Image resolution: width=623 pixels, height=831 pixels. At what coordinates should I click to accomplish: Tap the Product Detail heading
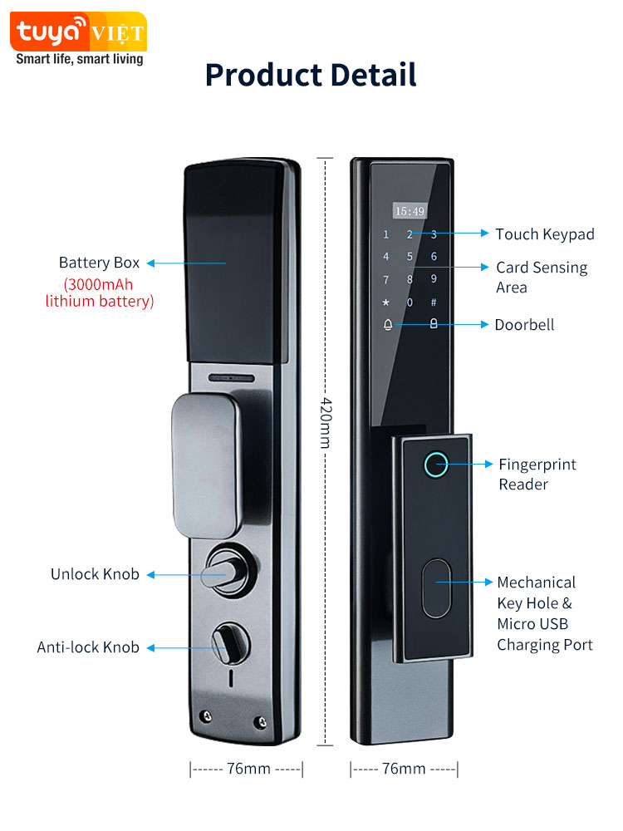pyautogui.click(x=311, y=75)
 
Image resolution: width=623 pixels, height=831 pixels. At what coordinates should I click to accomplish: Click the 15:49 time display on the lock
pyautogui.click(x=409, y=211)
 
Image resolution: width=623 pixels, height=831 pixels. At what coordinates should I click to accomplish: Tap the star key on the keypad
pyautogui.click(x=385, y=302)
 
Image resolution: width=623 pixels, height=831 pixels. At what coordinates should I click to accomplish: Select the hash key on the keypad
pyautogui.click(x=433, y=302)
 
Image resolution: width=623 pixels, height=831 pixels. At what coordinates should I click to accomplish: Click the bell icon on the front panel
pyautogui.click(x=387, y=324)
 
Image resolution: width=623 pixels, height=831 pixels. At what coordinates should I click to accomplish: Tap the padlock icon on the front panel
pyautogui.click(x=433, y=324)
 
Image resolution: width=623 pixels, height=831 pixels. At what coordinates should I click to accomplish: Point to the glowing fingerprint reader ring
pyautogui.click(x=436, y=464)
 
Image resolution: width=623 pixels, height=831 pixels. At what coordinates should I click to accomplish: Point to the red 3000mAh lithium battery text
pyautogui.click(x=100, y=292)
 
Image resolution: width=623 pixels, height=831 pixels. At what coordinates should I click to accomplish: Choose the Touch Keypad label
pyautogui.click(x=545, y=234)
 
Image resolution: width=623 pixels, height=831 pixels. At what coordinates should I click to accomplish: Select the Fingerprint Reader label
pyautogui.click(x=537, y=474)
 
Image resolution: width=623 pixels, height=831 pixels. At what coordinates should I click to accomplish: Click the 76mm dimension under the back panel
pyautogui.click(x=248, y=769)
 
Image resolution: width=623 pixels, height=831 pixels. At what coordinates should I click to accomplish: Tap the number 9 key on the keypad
pyautogui.click(x=434, y=280)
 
